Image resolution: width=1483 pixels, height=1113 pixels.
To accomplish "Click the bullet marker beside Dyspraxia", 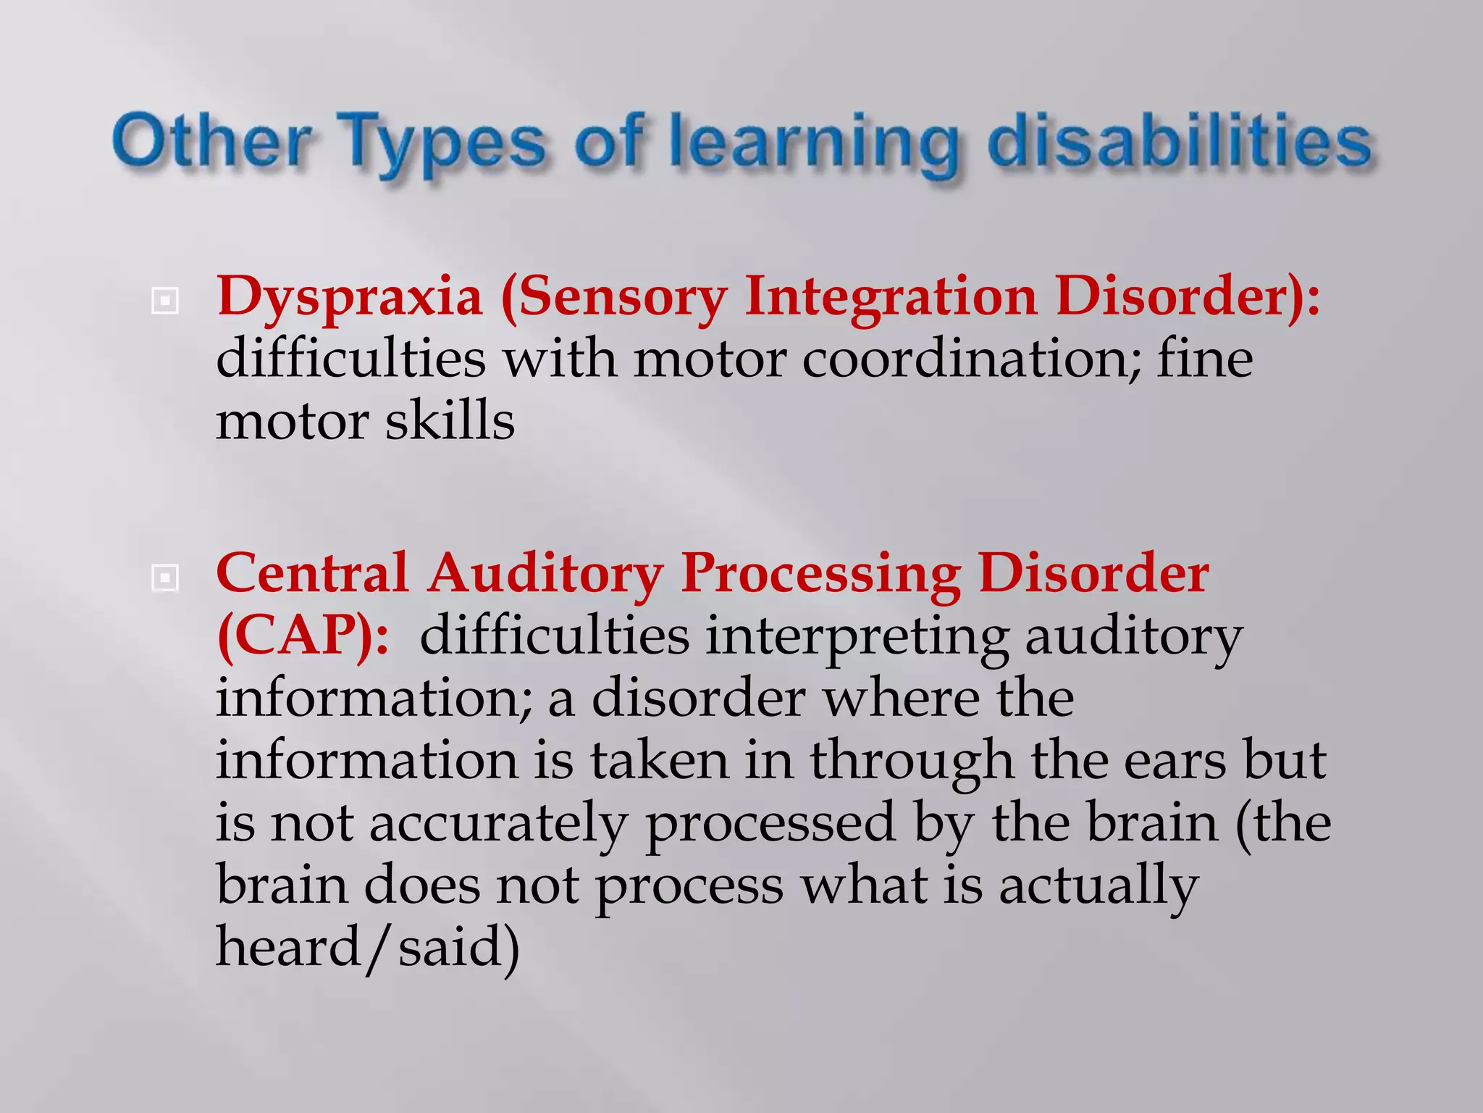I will tap(164, 301).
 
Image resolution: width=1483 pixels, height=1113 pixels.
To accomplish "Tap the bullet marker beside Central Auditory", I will tap(164, 578).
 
